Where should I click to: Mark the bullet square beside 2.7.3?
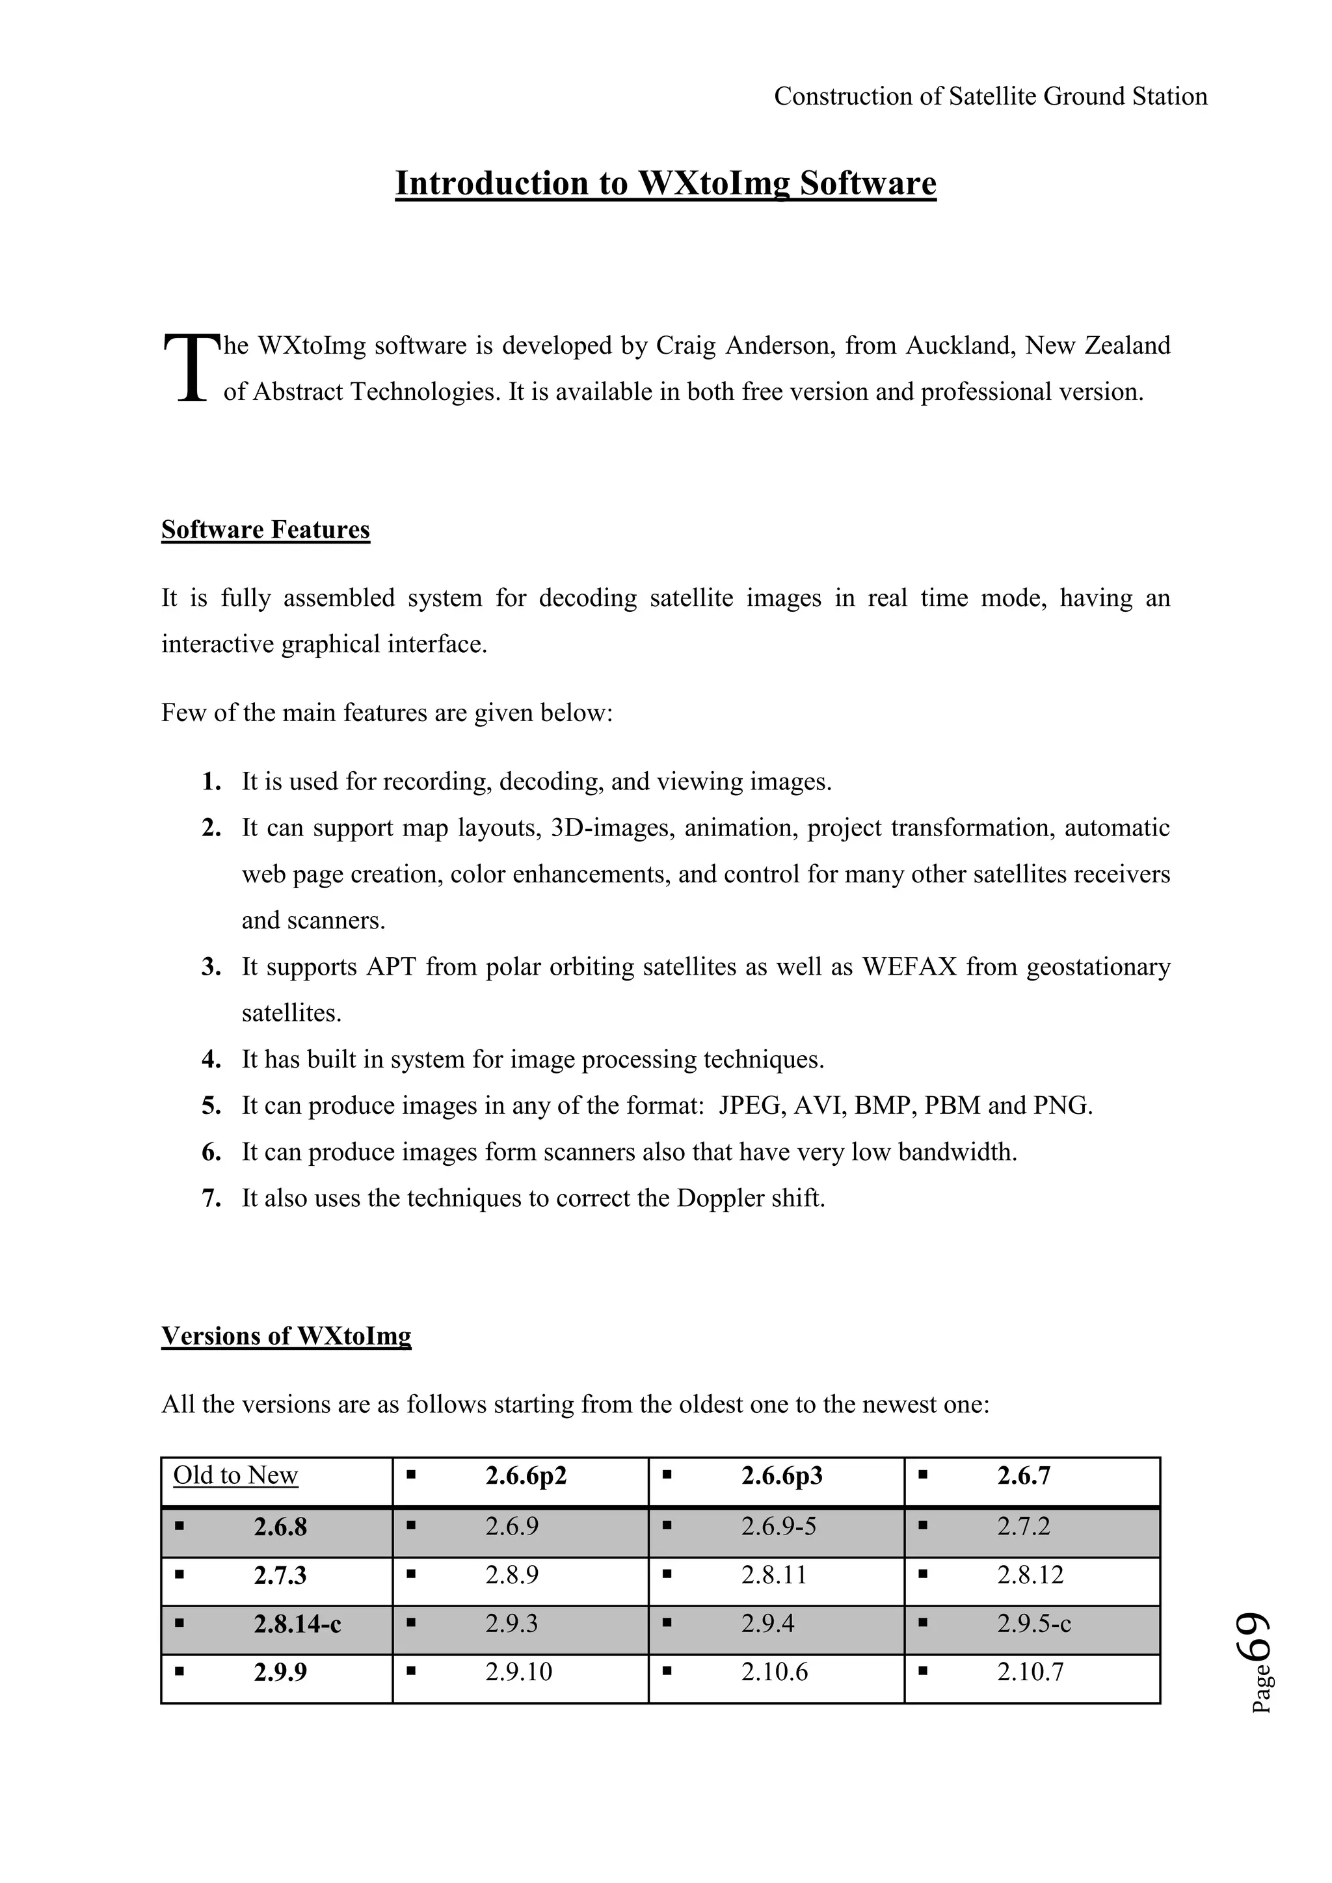[180, 1575]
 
